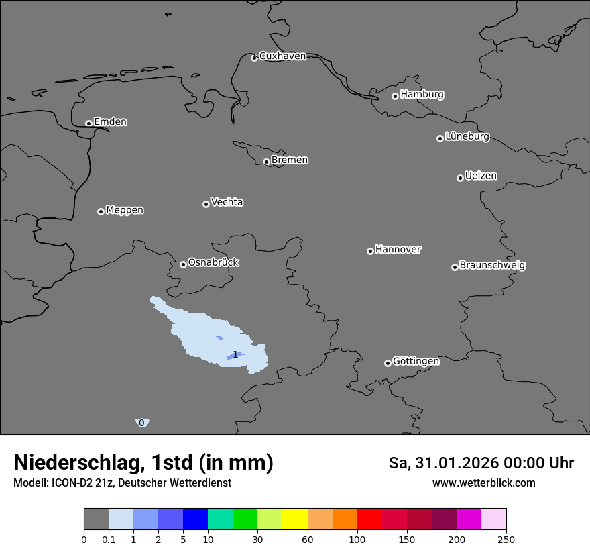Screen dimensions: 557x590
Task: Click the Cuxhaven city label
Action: (x=282, y=56)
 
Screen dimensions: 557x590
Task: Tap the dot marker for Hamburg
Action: (x=395, y=96)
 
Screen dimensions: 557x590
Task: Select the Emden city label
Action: (x=110, y=122)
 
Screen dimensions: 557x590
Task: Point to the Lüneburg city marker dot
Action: (x=440, y=138)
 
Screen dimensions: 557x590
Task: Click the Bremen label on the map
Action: (x=290, y=160)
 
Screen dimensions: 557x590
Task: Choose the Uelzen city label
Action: (x=481, y=176)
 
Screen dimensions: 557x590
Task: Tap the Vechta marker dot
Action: (x=206, y=204)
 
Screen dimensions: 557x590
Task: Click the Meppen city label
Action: (x=125, y=210)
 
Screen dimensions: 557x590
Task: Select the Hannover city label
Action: (x=398, y=250)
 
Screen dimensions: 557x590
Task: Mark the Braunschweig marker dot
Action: (x=455, y=267)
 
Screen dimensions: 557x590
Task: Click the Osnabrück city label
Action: (x=213, y=262)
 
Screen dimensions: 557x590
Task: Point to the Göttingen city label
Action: (x=416, y=361)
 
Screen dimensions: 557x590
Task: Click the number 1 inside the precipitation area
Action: (x=235, y=354)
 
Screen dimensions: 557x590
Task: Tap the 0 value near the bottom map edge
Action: (x=141, y=423)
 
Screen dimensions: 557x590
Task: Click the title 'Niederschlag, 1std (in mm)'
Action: (x=143, y=462)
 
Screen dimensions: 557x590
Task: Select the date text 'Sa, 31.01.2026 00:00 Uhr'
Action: (x=481, y=463)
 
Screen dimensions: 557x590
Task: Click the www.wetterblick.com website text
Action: (x=483, y=483)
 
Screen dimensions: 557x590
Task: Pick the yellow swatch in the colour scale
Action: (x=295, y=519)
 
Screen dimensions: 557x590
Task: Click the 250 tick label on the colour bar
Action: (x=506, y=539)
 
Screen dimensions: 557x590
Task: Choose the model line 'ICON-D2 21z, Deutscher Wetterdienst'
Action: (x=122, y=483)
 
